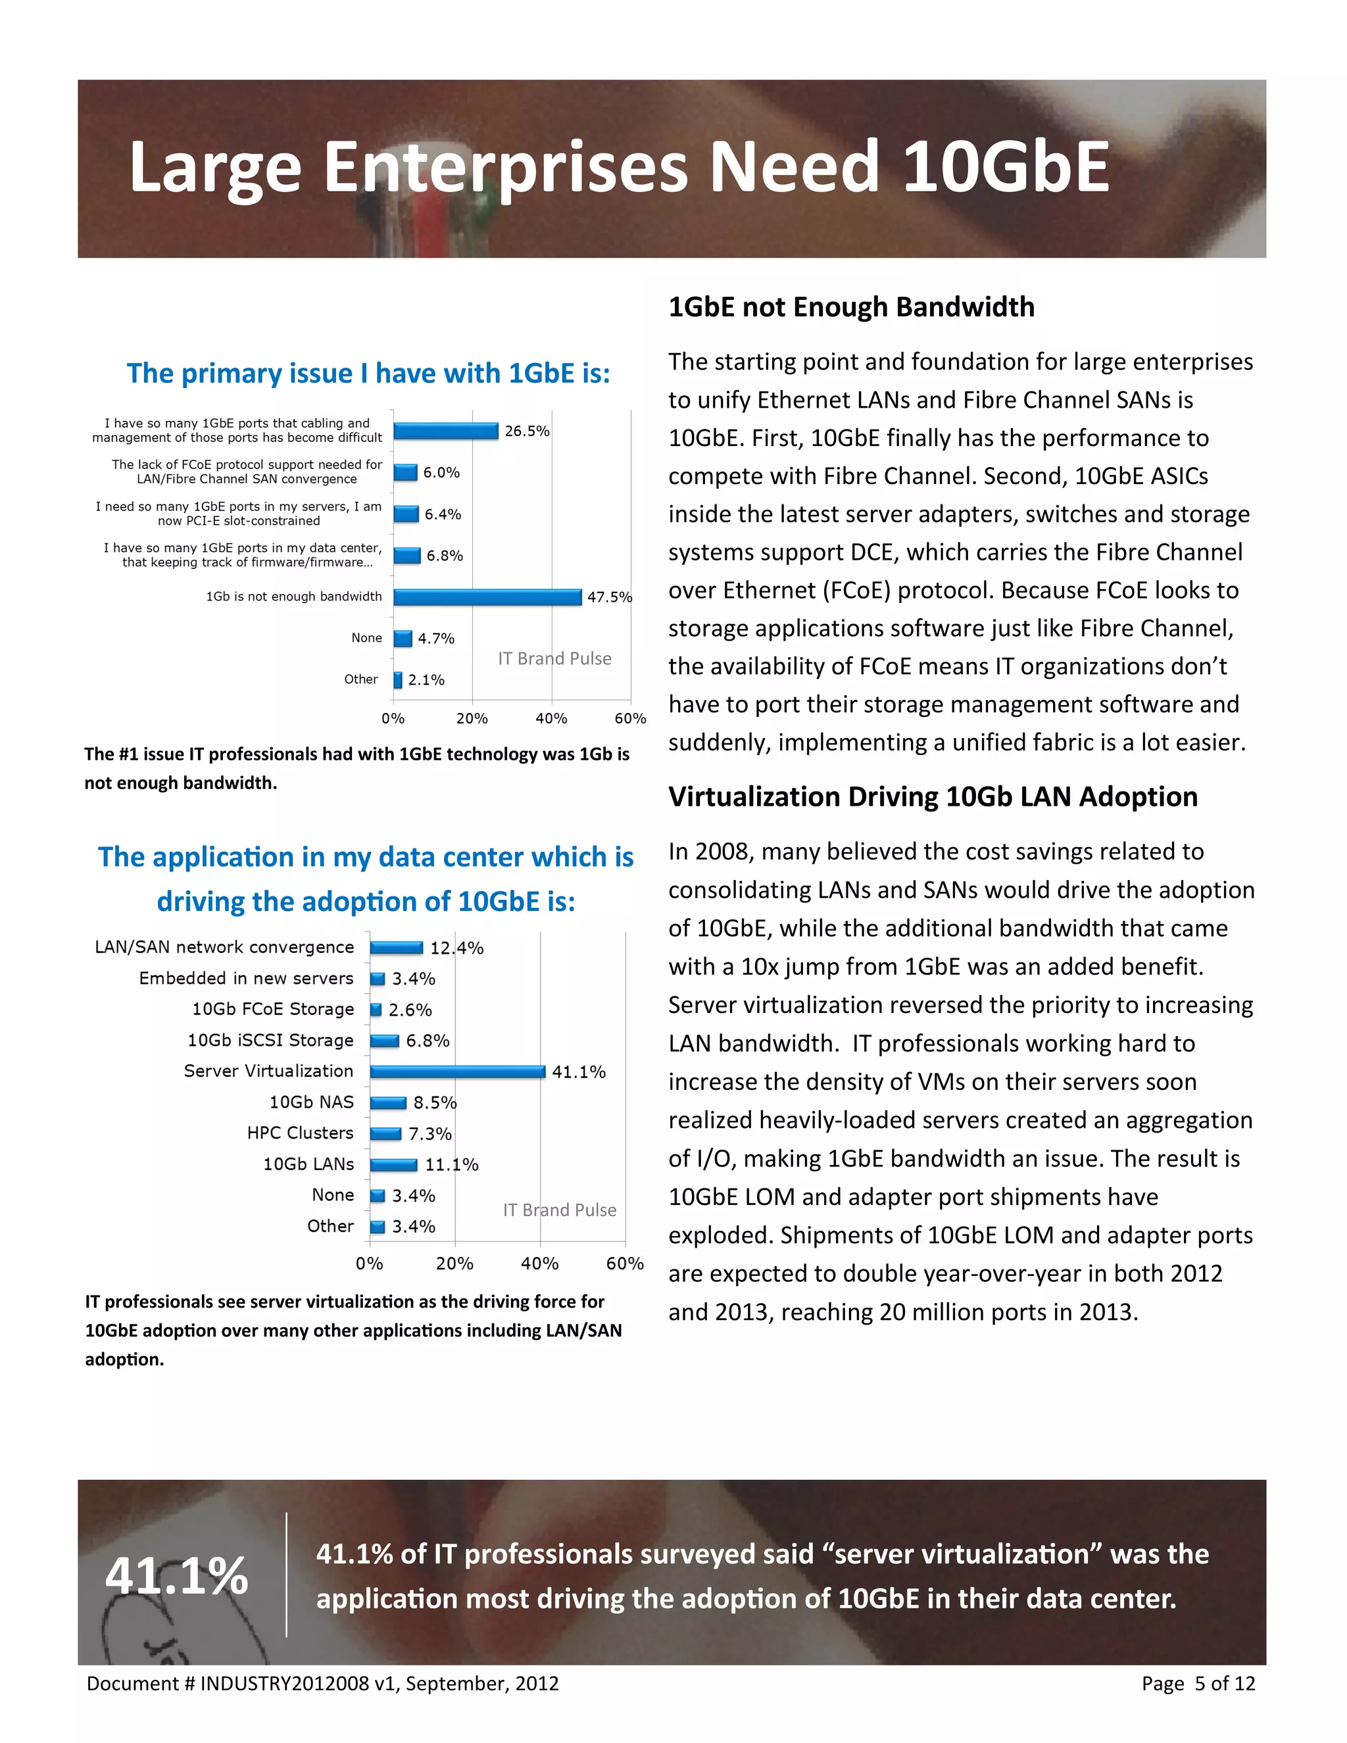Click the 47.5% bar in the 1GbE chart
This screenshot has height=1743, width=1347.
[x=487, y=597]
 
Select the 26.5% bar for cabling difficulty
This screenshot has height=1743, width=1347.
[x=445, y=431]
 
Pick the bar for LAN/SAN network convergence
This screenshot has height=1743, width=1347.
[x=396, y=947]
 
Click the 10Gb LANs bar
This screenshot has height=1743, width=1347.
[x=393, y=1164]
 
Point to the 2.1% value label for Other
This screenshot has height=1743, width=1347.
[x=426, y=680]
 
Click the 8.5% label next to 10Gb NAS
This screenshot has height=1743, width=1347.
[x=434, y=1102]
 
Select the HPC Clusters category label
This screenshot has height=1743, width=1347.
[x=300, y=1133]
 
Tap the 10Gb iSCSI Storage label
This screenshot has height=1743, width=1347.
[x=270, y=1040]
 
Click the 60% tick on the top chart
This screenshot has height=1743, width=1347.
[x=629, y=718]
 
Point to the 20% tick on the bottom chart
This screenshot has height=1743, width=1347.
[x=455, y=1264]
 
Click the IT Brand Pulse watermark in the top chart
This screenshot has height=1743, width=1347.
[x=554, y=658]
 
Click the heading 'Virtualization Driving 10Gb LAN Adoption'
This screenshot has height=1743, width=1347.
[x=932, y=797]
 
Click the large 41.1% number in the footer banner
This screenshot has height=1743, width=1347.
[x=176, y=1575]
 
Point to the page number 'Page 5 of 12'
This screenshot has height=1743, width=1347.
[x=1198, y=1683]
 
